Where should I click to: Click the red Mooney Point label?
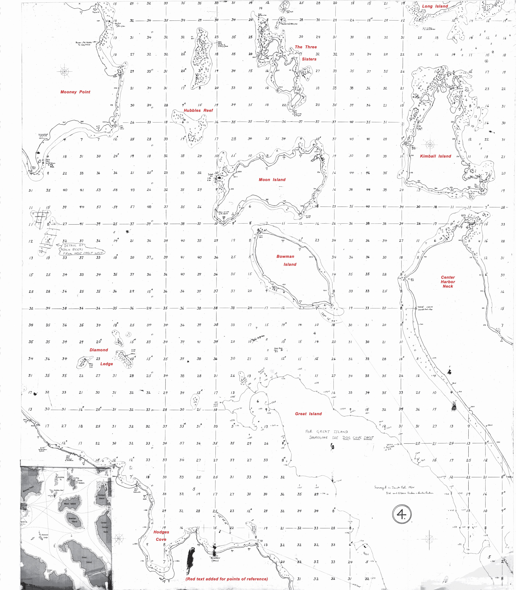pos(75,92)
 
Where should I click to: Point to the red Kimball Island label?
pos(435,156)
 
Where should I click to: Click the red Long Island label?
pos(435,6)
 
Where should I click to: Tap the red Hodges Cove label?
pos(161,536)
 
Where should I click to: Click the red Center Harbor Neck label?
pos(448,282)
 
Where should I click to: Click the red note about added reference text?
pos(227,579)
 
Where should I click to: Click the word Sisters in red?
pos(309,59)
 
